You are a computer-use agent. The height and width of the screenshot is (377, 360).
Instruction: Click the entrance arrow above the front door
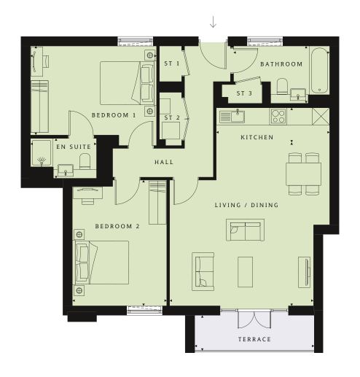(213, 22)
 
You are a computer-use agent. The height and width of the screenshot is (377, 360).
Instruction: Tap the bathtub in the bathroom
(319, 70)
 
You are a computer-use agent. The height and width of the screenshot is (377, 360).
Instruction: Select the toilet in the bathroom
(282, 86)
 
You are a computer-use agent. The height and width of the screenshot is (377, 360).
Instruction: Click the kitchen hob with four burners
(278, 117)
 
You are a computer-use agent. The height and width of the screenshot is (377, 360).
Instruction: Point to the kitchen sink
(232, 116)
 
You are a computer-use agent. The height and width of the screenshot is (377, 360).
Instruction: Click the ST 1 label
(172, 63)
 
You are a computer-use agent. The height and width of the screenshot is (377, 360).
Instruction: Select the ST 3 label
(244, 93)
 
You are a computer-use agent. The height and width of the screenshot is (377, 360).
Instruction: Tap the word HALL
(164, 162)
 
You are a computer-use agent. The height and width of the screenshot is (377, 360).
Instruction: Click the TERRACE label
(254, 339)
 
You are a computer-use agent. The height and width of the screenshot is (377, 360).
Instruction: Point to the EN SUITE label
(74, 147)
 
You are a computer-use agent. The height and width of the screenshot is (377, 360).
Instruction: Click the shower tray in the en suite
(42, 152)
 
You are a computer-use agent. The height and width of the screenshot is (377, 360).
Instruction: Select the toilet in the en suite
(85, 161)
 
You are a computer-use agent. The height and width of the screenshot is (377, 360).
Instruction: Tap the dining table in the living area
(304, 174)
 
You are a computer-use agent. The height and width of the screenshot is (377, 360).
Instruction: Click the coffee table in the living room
(246, 272)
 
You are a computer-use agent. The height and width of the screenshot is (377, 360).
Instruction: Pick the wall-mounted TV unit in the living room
(305, 272)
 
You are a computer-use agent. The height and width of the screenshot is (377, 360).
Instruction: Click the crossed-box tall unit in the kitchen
(321, 117)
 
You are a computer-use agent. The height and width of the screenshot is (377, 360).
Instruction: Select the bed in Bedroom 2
(102, 263)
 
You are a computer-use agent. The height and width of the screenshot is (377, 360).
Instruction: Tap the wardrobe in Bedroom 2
(157, 203)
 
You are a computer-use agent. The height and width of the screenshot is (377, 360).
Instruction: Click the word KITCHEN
(257, 137)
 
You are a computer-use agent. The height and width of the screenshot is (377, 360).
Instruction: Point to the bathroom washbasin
(298, 94)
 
